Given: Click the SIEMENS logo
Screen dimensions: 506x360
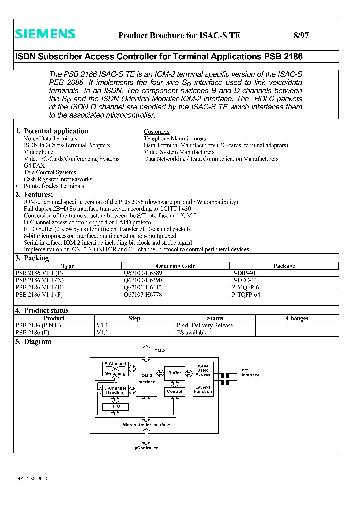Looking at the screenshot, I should [45, 34].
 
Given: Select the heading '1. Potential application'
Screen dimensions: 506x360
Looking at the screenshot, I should [51, 131].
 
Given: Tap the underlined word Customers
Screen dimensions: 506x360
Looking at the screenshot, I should [156, 132].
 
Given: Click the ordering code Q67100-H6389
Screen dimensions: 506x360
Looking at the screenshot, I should [142, 273].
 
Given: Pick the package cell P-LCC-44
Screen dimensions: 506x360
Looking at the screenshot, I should [244, 280].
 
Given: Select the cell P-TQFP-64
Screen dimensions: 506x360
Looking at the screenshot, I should [246, 295].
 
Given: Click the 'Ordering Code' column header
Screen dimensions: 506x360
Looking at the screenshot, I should [175, 266].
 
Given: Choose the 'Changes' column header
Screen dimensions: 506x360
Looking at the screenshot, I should [297, 318].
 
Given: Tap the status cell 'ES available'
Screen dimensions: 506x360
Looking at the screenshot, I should [192, 332].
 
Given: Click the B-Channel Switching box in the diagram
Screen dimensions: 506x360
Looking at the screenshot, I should [115, 369].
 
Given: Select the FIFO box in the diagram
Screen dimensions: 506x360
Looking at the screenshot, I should [115, 407].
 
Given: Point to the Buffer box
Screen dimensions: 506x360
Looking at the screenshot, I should [175, 373].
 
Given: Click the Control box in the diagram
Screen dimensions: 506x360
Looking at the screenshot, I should [175, 391].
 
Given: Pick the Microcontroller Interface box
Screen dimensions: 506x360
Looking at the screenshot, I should [146, 425].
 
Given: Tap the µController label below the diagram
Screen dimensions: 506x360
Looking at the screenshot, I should [146, 448].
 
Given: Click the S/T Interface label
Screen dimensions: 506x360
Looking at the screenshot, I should [250, 373].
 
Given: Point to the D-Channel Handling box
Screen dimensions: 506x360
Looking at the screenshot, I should [115, 390].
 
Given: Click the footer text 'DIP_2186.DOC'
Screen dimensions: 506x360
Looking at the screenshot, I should [31, 479].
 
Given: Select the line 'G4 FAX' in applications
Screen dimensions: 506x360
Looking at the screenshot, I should [34, 165].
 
